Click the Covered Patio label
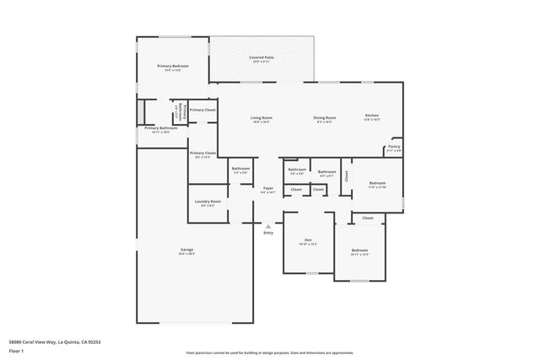coord(261,57)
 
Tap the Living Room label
coord(261,117)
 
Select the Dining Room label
coord(325,117)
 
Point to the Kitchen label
coord(372,116)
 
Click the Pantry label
coord(393,147)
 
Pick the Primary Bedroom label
coord(173,66)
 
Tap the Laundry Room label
coord(208,201)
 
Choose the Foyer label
coord(267,188)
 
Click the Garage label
coord(186,250)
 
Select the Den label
coord(308,241)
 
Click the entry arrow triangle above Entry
coord(268,225)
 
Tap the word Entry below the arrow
coord(268,233)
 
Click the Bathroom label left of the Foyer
coord(240,169)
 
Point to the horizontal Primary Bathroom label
coord(160,128)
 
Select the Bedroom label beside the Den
coord(359,250)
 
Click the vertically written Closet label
coord(346,176)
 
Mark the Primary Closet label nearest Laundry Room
coord(202,153)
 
